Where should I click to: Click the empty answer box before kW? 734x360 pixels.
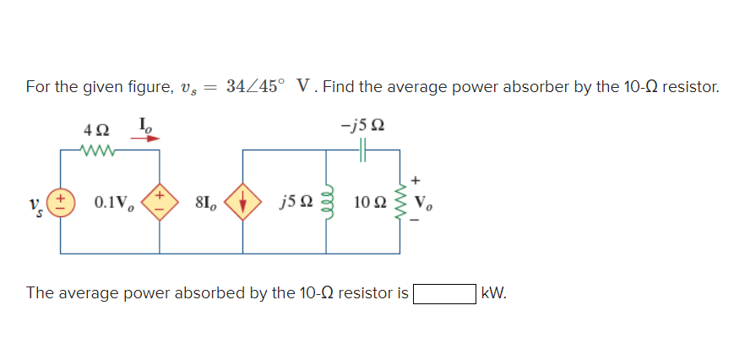[443, 294]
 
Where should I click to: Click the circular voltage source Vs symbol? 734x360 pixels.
[61, 204]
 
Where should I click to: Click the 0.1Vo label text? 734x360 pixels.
[113, 204]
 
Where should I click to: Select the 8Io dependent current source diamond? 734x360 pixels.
[244, 204]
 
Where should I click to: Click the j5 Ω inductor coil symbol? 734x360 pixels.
[328, 203]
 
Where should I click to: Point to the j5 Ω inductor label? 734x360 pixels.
[296, 204]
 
